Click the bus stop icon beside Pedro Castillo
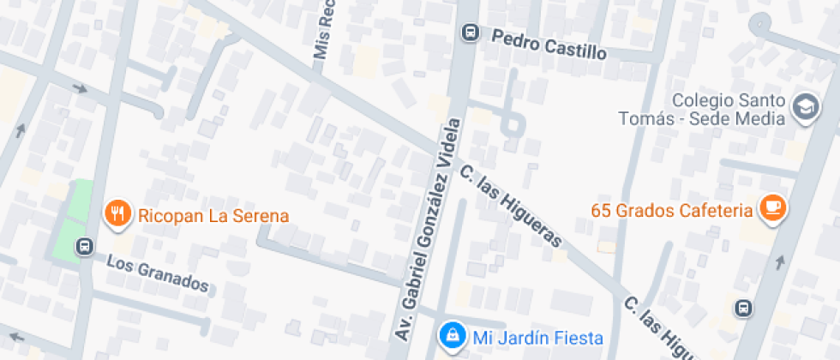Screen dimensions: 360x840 coord(470,33)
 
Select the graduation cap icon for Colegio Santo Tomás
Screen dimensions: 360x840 coord(806,108)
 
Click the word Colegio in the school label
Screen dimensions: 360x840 coord(700,100)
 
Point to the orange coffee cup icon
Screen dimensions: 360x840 coord(772,209)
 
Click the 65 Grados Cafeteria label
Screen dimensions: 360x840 coord(671,210)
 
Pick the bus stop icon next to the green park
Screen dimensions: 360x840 coord(85,247)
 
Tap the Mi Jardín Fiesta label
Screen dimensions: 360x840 coord(538,338)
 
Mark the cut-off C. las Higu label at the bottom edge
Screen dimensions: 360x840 coord(655,329)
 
